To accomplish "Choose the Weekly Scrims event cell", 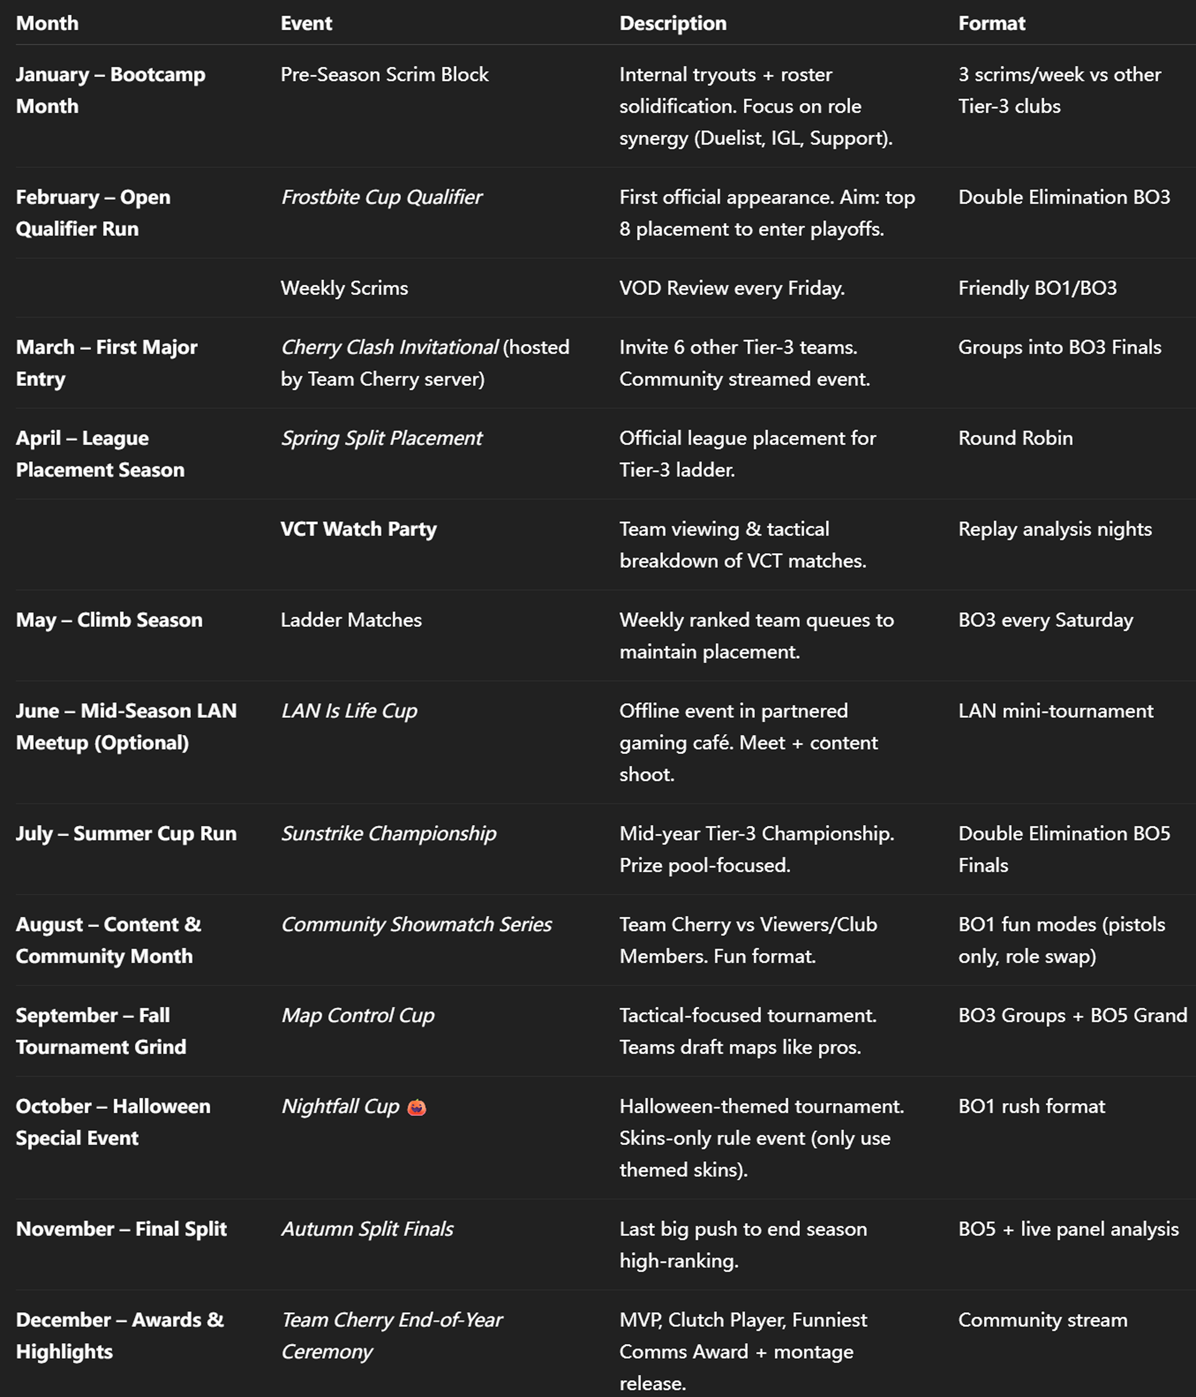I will pyautogui.click(x=344, y=288).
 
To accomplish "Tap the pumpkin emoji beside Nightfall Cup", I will pyautogui.click(x=417, y=1107).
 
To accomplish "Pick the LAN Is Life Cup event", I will pyautogui.click(x=349, y=711).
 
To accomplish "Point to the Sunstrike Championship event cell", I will pyautogui.click(x=388, y=833).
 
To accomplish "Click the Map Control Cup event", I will pyautogui.click(x=357, y=1015).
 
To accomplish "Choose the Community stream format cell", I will pyautogui.click(x=1042, y=1320).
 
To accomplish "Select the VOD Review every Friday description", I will pyautogui.click(x=732, y=288).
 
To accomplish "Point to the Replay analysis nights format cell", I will pyautogui.click(x=1054, y=529).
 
